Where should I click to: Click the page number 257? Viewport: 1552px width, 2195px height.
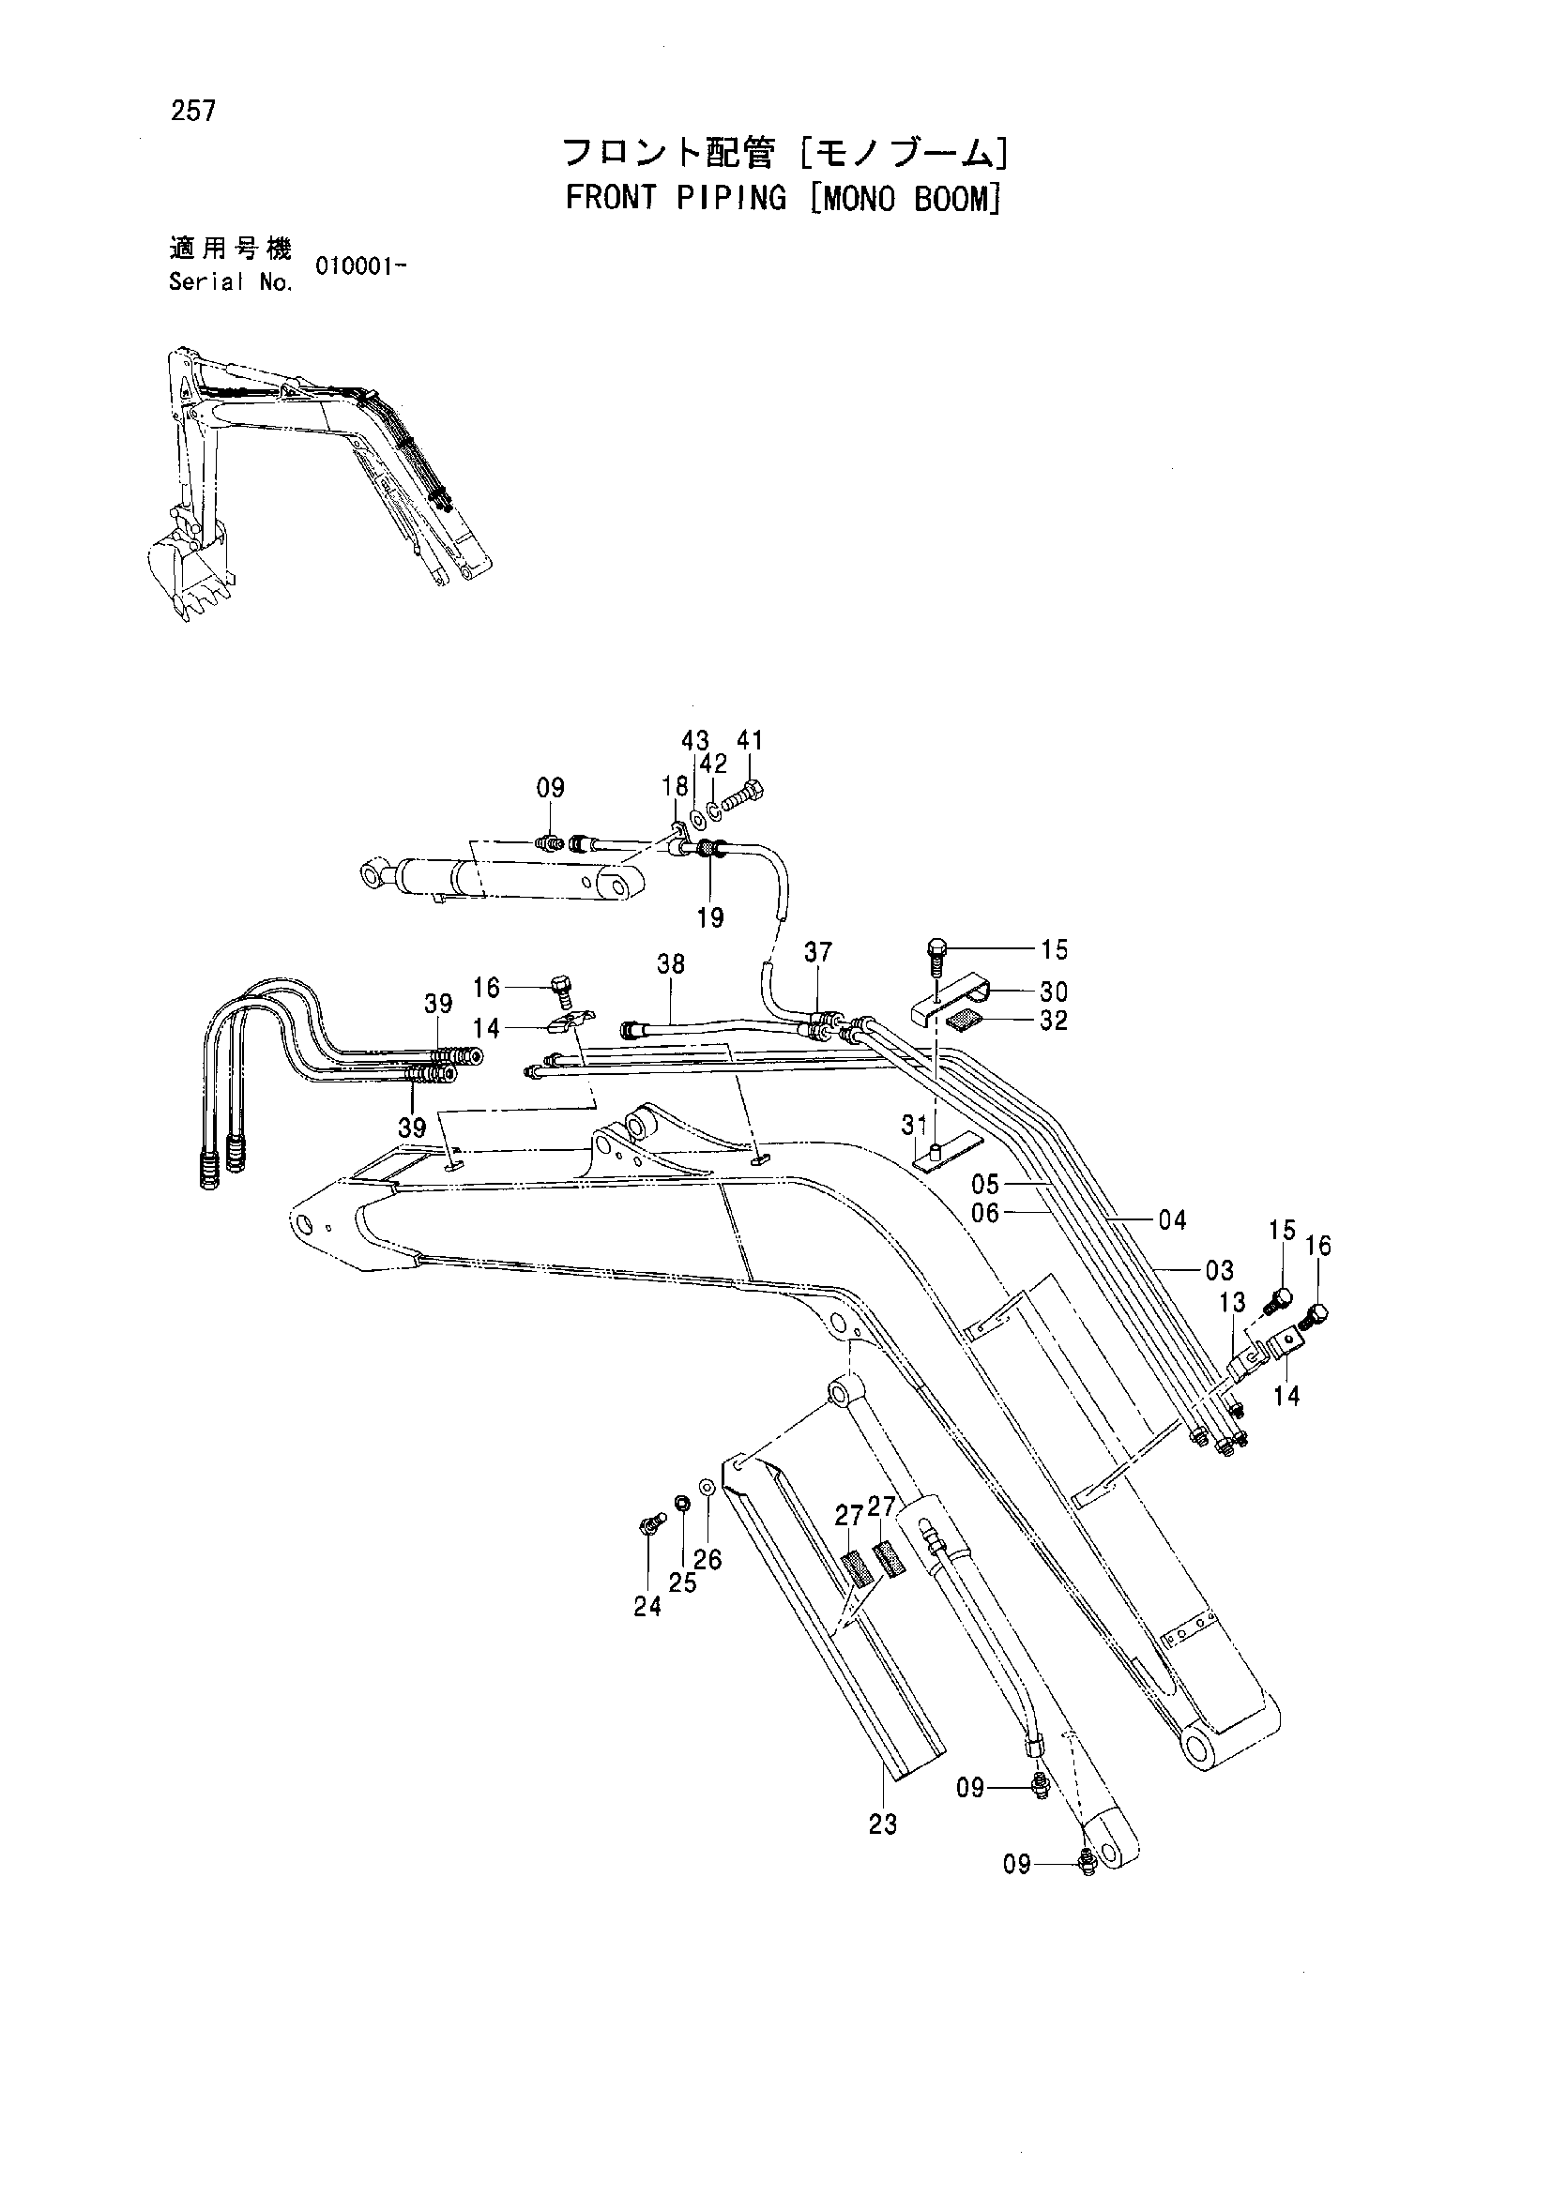coord(193,112)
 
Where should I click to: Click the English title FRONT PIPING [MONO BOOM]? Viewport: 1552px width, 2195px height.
coord(783,198)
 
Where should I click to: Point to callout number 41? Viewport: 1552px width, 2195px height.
coord(751,740)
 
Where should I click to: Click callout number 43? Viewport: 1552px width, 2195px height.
coord(695,740)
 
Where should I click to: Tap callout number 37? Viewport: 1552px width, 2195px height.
coord(817,952)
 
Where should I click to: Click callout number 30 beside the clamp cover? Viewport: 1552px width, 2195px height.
coord(1054,992)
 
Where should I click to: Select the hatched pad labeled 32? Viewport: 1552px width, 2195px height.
coord(962,1020)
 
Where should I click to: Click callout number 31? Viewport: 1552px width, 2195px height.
coord(915,1127)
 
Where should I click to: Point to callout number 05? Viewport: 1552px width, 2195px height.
coord(985,1185)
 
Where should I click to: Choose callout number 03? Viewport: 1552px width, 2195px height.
coord(1219,1270)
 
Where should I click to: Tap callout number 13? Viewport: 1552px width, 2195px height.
coord(1233,1301)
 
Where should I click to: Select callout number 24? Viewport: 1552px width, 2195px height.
coord(647,1606)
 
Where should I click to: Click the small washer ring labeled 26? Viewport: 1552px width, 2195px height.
coord(708,1488)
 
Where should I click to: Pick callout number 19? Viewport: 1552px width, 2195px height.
coord(709,917)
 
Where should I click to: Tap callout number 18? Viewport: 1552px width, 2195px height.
coord(675,786)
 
